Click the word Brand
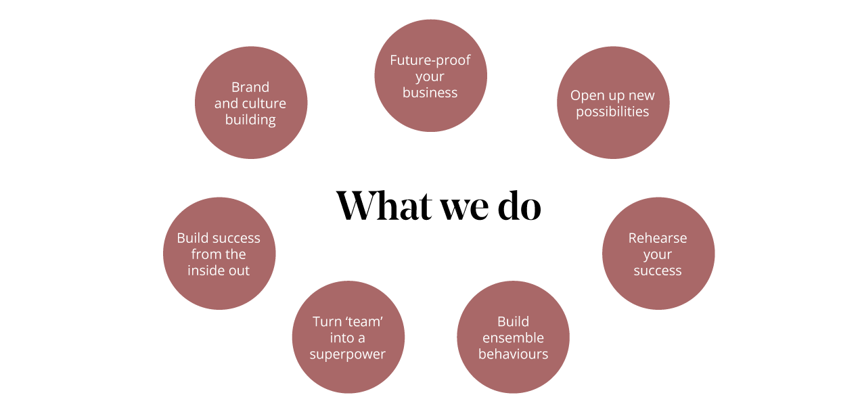tap(250, 87)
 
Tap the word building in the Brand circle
tap(250, 120)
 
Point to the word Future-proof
tap(430, 60)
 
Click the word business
tap(430, 93)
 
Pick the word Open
tap(588, 96)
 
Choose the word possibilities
tap(612, 112)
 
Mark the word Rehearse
tap(658, 238)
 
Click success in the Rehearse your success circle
tap(658, 271)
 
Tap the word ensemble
tap(513, 338)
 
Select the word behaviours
tap(513, 354)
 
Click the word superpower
tap(348, 354)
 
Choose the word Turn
tap(326, 322)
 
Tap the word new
tap(641, 96)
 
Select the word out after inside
tap(239, 271)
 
